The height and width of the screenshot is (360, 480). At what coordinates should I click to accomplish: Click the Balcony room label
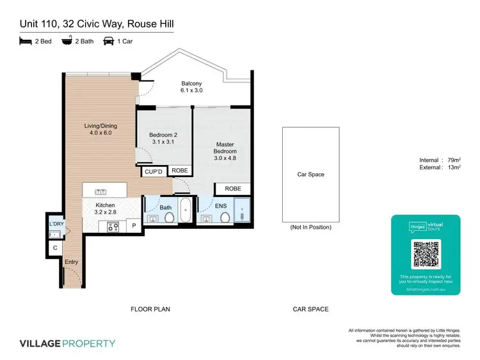click(x=191, y=84)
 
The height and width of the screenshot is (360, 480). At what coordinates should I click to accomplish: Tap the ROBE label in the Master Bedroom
click(x=233, y=189)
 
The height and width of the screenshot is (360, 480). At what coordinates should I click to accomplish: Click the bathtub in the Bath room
click(x=185, y=210)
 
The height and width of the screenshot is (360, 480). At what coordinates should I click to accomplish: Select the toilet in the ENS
click(x=225, y=218)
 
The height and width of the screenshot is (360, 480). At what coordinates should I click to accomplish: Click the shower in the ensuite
click(x=243, y=210)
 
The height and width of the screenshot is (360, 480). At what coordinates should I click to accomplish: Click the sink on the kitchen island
click(x=100, y=191)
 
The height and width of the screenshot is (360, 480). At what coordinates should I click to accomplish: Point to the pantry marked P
click(x=135, y=226)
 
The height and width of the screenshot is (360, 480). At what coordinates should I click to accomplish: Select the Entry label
click(x=71, y=262)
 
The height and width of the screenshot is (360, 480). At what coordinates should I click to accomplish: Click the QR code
click(x=426, y=254)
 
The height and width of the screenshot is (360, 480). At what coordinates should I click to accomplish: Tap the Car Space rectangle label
click(x=310, y=174)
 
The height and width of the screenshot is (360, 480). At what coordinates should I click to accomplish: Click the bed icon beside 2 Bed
click(x=26, y=42)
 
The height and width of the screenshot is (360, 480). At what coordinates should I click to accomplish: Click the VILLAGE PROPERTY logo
click(x=68, y=343)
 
